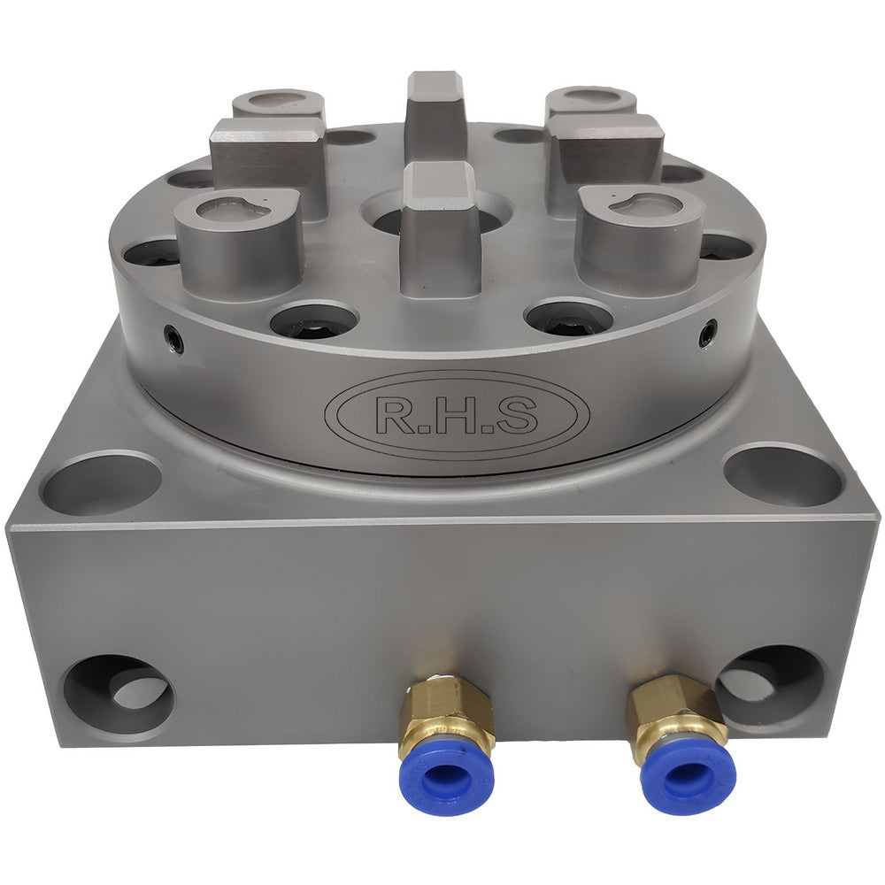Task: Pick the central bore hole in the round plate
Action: tap(389, 217)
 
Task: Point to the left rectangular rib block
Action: tap(268, 159)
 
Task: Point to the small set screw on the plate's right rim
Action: tap(707, 335)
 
